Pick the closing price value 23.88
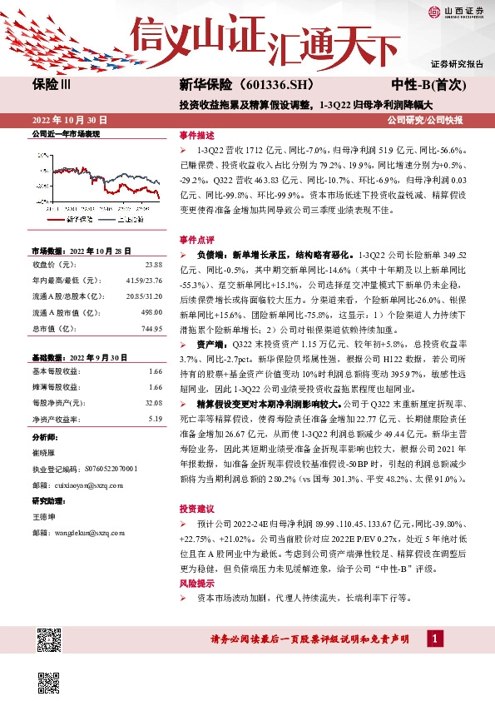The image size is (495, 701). [x=153, y=264]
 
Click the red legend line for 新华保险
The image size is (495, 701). [x=55, y=219]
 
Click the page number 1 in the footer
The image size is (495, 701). [x=434, y=638]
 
